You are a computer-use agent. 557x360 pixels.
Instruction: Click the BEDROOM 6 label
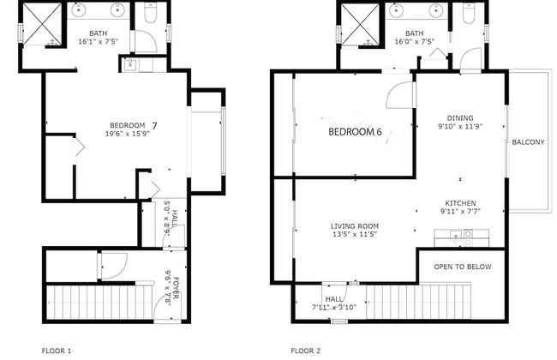coord(355,132)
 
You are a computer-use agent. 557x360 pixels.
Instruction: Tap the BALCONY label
coord(528,142)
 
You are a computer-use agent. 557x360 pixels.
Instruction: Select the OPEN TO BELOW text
coord(463,267)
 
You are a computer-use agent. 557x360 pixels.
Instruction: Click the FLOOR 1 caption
coord(57,351)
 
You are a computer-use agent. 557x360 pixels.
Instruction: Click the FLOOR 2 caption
coord(306,351)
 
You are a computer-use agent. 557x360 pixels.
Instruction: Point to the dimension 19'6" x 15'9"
coord(127,134)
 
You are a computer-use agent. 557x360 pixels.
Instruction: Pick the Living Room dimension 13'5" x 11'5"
coord(355,234)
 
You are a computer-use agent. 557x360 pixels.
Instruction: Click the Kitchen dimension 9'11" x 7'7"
coord(460,212)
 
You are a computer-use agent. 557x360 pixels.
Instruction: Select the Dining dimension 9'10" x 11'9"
coord(460,126)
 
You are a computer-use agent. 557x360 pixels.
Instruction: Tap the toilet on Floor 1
coord(151,13)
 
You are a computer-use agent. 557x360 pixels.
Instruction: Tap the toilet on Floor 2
coord(469,14)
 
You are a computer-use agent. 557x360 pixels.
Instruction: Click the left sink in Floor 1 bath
coord(78,10)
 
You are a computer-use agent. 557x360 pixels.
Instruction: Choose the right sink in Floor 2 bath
coord(434,10)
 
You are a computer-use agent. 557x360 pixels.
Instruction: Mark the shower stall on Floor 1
coord(42,24)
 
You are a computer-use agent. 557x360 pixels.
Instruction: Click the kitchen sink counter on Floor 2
coord(461,237)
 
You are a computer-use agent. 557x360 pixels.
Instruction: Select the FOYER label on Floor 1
coord(177,288)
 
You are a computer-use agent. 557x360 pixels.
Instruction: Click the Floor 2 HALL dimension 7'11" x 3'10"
coord(334,308)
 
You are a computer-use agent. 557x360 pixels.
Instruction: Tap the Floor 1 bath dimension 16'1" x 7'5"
coord(98,41)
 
